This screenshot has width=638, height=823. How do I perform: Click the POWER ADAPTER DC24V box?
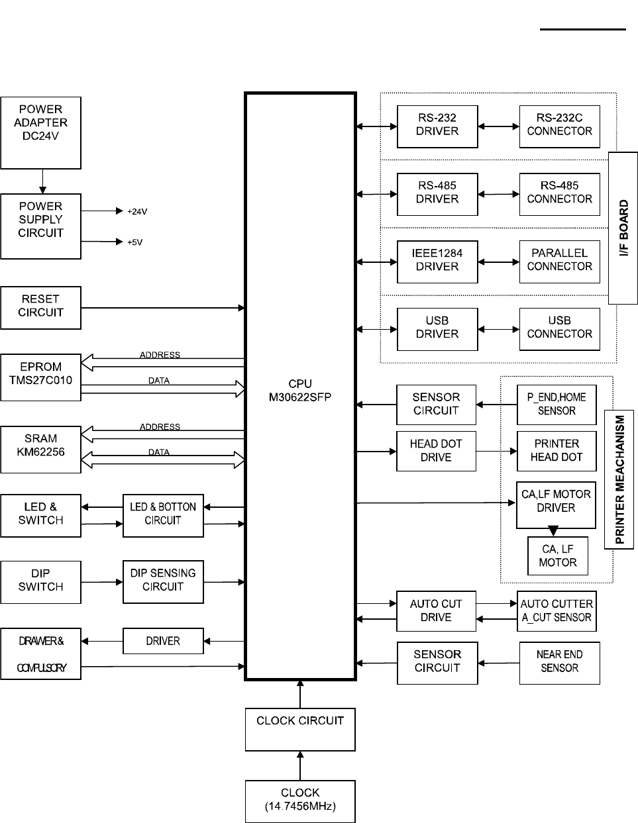click(x=41, y=132)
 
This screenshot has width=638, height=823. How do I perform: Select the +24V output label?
click(x=137, y=212)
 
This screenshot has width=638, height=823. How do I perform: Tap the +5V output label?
click(x=134, y=242)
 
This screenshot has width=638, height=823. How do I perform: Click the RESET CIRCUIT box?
click(x=41, y=307)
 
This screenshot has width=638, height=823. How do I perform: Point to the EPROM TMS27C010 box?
click(x=41, y=377)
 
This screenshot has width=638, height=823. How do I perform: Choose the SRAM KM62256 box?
click(x=41, y=450)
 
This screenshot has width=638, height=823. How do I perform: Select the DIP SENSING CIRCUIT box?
click(x=163, y=582)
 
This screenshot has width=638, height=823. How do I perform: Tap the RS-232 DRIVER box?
click(x=437, y=126)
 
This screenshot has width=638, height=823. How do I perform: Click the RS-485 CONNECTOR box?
click(x=560, y=194)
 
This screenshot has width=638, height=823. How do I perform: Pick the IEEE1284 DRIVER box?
click(x=437, y=262)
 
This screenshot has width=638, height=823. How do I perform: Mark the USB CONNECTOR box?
click(x=560, y=329)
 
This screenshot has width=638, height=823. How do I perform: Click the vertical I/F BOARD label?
click(x=623, y=228)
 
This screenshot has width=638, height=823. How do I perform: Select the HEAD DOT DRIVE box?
click(x=436, y=451)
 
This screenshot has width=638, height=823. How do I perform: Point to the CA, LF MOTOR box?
click(x=558, y=556)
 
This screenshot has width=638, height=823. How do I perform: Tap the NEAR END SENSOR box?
click(x=560, y=663)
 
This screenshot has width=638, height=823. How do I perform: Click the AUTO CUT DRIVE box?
click(x=436, y=611)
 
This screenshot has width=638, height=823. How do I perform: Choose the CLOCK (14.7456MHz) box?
click(x=300, y=801)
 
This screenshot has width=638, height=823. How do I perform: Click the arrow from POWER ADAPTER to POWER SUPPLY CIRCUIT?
click(x=42, y=181)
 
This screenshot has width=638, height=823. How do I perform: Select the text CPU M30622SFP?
click(x=300, y=391)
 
